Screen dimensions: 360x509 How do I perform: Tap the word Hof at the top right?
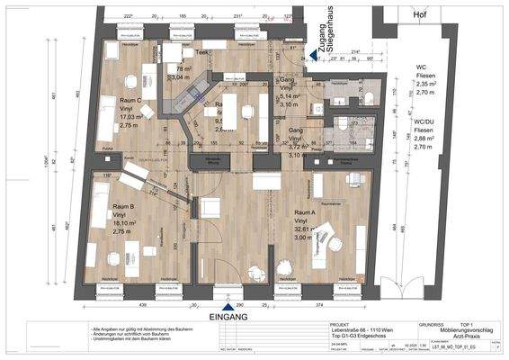[420, 16]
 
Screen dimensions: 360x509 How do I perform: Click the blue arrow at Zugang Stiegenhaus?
[313, 56]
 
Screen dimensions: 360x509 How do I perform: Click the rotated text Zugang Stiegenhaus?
[314, 30]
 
